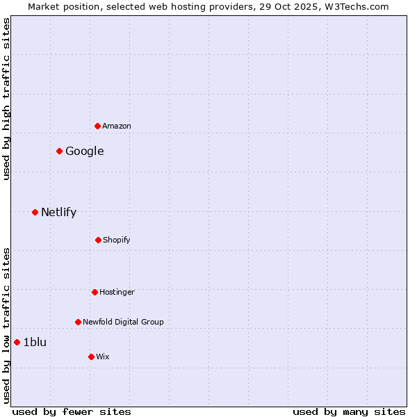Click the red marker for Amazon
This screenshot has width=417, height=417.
(x=98, y=126)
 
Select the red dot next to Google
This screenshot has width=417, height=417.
(x=60, y=151)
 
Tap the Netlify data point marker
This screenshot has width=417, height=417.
(x=35, y=212)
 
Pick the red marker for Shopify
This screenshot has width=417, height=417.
(x=98, y=240)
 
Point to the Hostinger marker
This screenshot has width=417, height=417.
(x=95, y=292)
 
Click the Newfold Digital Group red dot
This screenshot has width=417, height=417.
(x=78, y=322)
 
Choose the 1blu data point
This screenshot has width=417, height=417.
(x=17, y=342)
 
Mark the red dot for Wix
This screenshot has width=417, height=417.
(x=91, y=357)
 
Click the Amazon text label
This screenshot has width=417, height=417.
(x=117, y=126)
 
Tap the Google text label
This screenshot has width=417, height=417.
(x=85, y=152)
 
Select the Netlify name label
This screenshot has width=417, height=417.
(x=59, y=213)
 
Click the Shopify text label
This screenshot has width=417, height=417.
(x=117, y=240)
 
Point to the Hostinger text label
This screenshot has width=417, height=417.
(x=117, y=293)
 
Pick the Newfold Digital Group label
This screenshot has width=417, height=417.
(x=123, y=322)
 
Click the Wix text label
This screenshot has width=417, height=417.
(x=103, y=357)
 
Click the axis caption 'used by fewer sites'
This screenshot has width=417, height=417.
(x=72, y=411)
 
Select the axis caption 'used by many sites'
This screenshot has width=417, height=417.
(x=349, y=411)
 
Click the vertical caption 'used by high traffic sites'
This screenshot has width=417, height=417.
(x=6, y=99)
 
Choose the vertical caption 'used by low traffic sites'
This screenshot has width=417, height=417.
(x=6, y=325)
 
